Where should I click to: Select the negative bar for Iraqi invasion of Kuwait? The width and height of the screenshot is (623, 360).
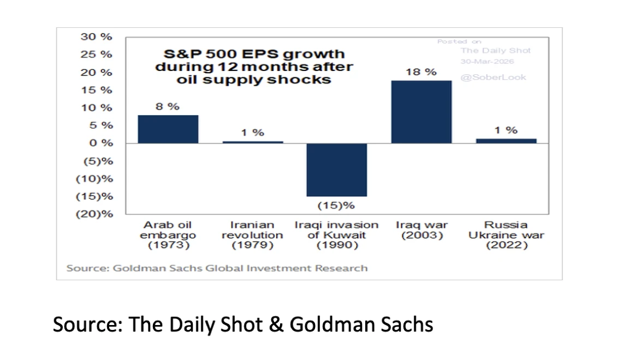(336, 169)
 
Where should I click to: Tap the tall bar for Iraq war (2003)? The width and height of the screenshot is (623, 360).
(421, 112)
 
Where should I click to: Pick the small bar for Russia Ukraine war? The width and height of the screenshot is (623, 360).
(506, 141)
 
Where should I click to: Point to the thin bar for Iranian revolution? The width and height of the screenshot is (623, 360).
(252, 142)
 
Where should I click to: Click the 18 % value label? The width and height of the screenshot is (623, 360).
(421, 72)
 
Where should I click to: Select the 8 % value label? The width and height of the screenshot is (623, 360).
(167, 107)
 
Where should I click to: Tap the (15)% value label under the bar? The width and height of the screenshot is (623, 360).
(336, 205)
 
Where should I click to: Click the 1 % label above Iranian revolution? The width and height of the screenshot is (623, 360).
(252, 133)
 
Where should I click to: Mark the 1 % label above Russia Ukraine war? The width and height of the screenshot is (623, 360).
(506, 130)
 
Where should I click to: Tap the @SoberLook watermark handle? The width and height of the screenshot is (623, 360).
(493, 77)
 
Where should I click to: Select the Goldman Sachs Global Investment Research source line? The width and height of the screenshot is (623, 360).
(217, 268)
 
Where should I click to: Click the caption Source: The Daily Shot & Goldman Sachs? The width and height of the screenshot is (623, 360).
(243, 324)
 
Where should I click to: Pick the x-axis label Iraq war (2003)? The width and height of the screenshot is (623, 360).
(421, 230)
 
